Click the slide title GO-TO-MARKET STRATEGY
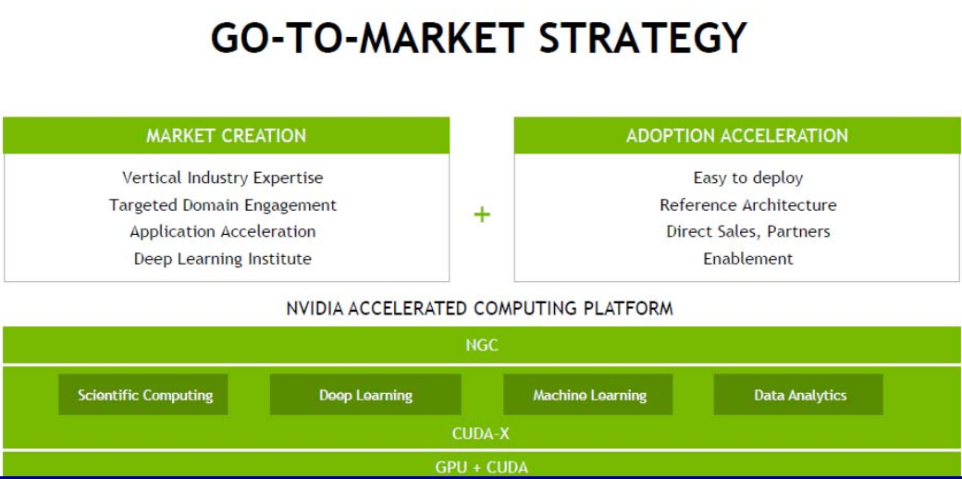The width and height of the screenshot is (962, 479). tap(478, 37)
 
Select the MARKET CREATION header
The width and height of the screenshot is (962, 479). tap(226, 136)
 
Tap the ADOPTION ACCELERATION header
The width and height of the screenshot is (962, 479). tap(737, 136)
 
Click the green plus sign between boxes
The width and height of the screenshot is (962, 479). tap(482, 214)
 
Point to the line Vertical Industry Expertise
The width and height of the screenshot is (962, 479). tap(223, 178)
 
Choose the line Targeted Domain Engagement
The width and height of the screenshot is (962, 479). tap(223, 205)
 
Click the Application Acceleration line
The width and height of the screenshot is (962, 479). tap(223, 232)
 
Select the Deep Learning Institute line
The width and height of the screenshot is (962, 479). tap(223, 259)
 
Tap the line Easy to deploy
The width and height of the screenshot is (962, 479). tap(748, 178)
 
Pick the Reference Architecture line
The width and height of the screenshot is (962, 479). tap(748, 205)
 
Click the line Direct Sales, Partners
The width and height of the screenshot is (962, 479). tap(748, 232)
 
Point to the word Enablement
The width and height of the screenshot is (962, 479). tap(748, 259)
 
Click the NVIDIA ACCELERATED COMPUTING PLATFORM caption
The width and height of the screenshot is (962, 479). tap(480, 308)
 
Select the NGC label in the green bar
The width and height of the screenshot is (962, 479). tap(482, 345)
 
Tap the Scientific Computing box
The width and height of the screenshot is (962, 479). tap(143, 395)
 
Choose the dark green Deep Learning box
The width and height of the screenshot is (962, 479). tap(365, 395)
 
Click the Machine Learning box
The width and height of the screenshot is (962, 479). tap(588, 395)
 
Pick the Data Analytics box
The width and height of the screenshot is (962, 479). tap(799, 395)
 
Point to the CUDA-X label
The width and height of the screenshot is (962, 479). tap(481, 435)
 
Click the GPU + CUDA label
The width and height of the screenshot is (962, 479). tap(482, 467)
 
